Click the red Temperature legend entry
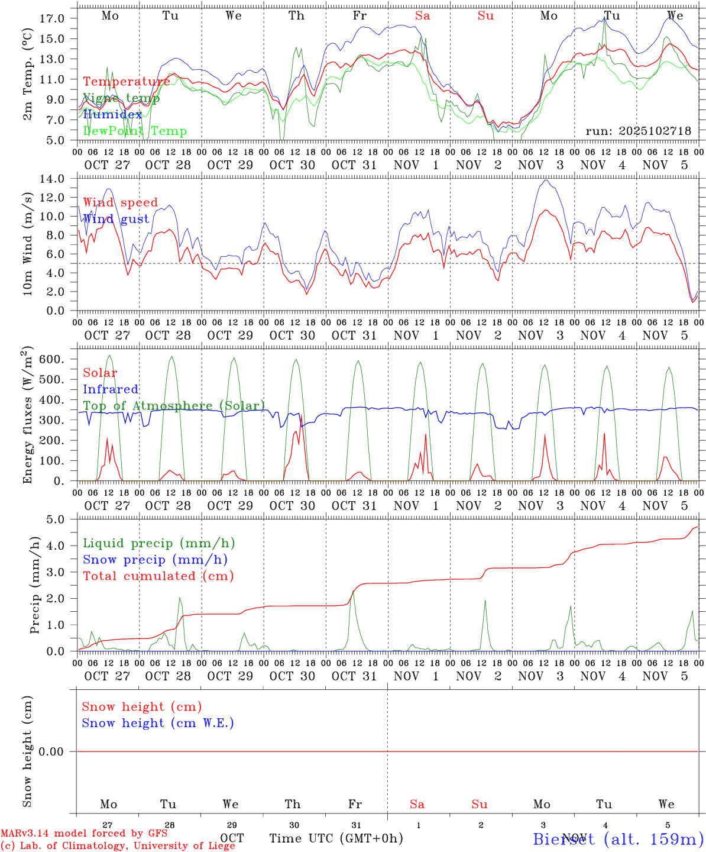[x=126, y=82]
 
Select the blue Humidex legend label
[x=112, y=115]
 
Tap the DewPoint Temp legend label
[x=135, y=131]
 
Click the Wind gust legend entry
[x=116, y=219]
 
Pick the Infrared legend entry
[x=111, y=389]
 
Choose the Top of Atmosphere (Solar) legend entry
[x=174, y=406]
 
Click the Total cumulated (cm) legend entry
[x=158, y=576]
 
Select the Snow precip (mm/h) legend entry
[x=155, y=560]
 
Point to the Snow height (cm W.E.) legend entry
[x=158, y=723]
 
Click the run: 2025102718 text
[x=638, y=131]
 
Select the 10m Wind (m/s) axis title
[x=28, y=244]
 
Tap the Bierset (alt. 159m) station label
[x=618, y=839]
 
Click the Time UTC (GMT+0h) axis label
[x=336, y=838]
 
